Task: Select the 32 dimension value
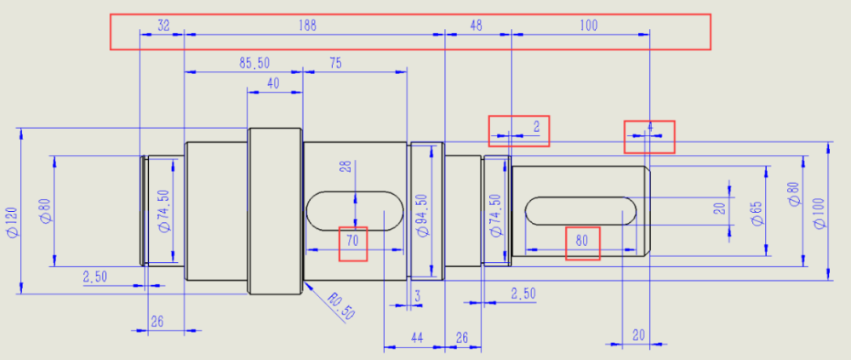pyautogui.click(x=163, y=26)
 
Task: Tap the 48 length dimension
pyautogui.click(x=476, y=26)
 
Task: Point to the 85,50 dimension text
pyautogui.click(x=254, y=63)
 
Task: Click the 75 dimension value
pyautogui.click(x=334, y=63)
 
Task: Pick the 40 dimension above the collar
pyautogui.click(x=273, y=83)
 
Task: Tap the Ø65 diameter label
pyautogui.click(x=756, y=212)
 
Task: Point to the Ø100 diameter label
pyautogui.click(x=820, y=212)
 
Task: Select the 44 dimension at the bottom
pyautogui.click(x=417, y=338)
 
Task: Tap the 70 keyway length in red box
pyautogui.click(x=353, y=242)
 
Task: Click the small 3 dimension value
pyautogui.click(x=417, y=295)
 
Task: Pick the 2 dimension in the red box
pyautogui.click(x=536, y=127)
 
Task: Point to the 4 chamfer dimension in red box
pyautogui.click(x=650, y=127)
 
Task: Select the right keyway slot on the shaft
pyautogui.click(x=582, y=210)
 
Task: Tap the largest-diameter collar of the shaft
pyautogui.click(x=275, y=210)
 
